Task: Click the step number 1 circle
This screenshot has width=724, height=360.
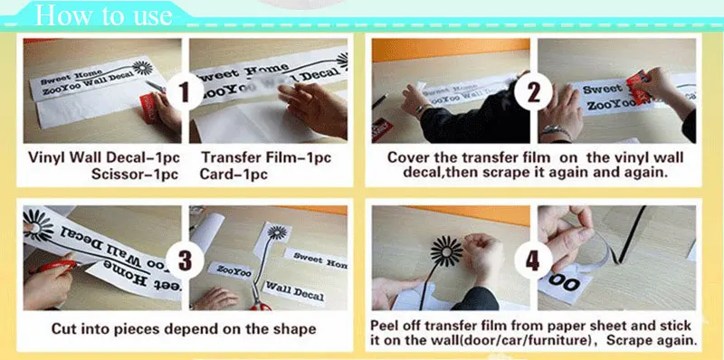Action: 185,91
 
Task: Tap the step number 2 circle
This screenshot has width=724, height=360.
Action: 533,91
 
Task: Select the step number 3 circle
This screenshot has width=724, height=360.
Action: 185,260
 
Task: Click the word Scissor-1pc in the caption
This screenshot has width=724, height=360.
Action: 135,174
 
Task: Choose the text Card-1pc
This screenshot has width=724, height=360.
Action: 233,174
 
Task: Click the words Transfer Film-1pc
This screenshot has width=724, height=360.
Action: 266,157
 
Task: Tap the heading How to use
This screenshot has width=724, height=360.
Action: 103,15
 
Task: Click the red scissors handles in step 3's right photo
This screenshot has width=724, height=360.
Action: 261,306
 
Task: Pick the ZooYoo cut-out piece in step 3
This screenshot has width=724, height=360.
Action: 230,270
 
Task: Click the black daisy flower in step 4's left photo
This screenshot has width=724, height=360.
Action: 446,251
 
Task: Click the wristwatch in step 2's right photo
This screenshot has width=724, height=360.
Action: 556,133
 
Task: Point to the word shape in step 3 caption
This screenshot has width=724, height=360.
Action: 295,329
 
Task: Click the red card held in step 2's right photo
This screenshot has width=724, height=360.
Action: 639,87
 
